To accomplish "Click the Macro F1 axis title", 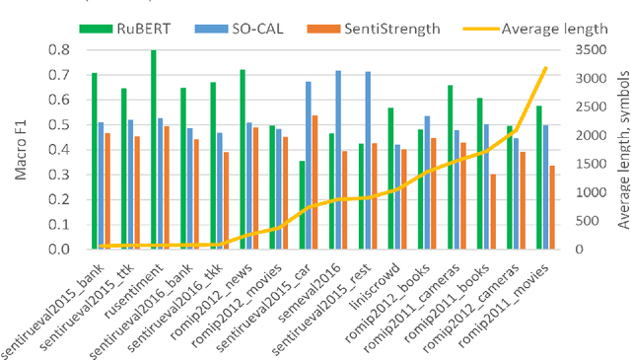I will click(17, 148).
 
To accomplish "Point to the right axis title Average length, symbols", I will click(622, 148).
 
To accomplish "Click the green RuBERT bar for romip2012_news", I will click(243, 159).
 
